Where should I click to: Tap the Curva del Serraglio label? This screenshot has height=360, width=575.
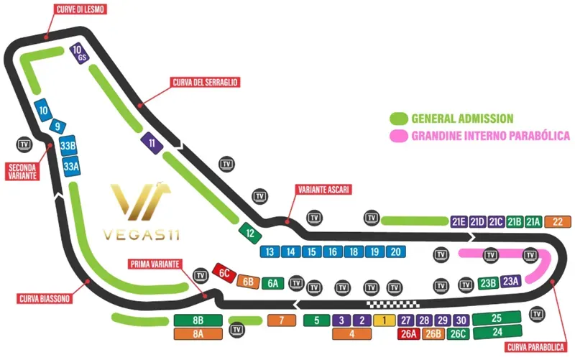[x=205, y=82]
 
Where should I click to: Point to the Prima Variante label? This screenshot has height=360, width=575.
[x=155, y=263]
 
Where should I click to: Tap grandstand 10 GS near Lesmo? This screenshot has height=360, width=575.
[x=79, y=53]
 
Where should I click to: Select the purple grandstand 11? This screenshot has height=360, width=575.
[x=152, y=143]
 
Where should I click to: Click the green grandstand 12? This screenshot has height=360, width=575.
[x=249, y=233]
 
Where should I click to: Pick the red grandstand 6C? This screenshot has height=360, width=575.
[x=225, y=272]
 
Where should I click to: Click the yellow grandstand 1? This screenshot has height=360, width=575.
[x=385, y=320]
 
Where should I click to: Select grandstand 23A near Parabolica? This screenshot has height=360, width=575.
[x=511, y=282]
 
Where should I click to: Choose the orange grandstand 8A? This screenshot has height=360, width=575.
[x=198, y=333]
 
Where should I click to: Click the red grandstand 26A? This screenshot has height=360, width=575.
[x=409, y=333]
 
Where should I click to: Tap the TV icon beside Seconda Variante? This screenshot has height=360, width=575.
[x=25, y=143]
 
